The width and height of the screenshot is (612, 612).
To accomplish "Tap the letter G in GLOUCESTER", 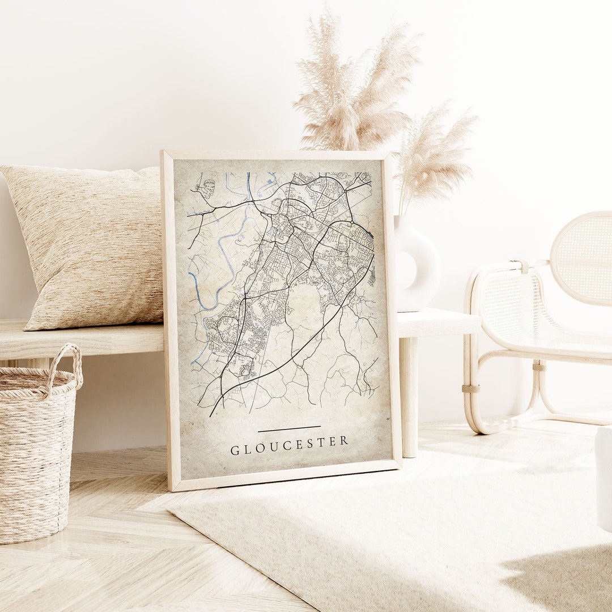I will click(x=235, y=451).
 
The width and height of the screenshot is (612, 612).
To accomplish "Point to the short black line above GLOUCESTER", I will click(x=289, y=429).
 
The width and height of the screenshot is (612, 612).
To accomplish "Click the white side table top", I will click(x=436, y=322).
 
